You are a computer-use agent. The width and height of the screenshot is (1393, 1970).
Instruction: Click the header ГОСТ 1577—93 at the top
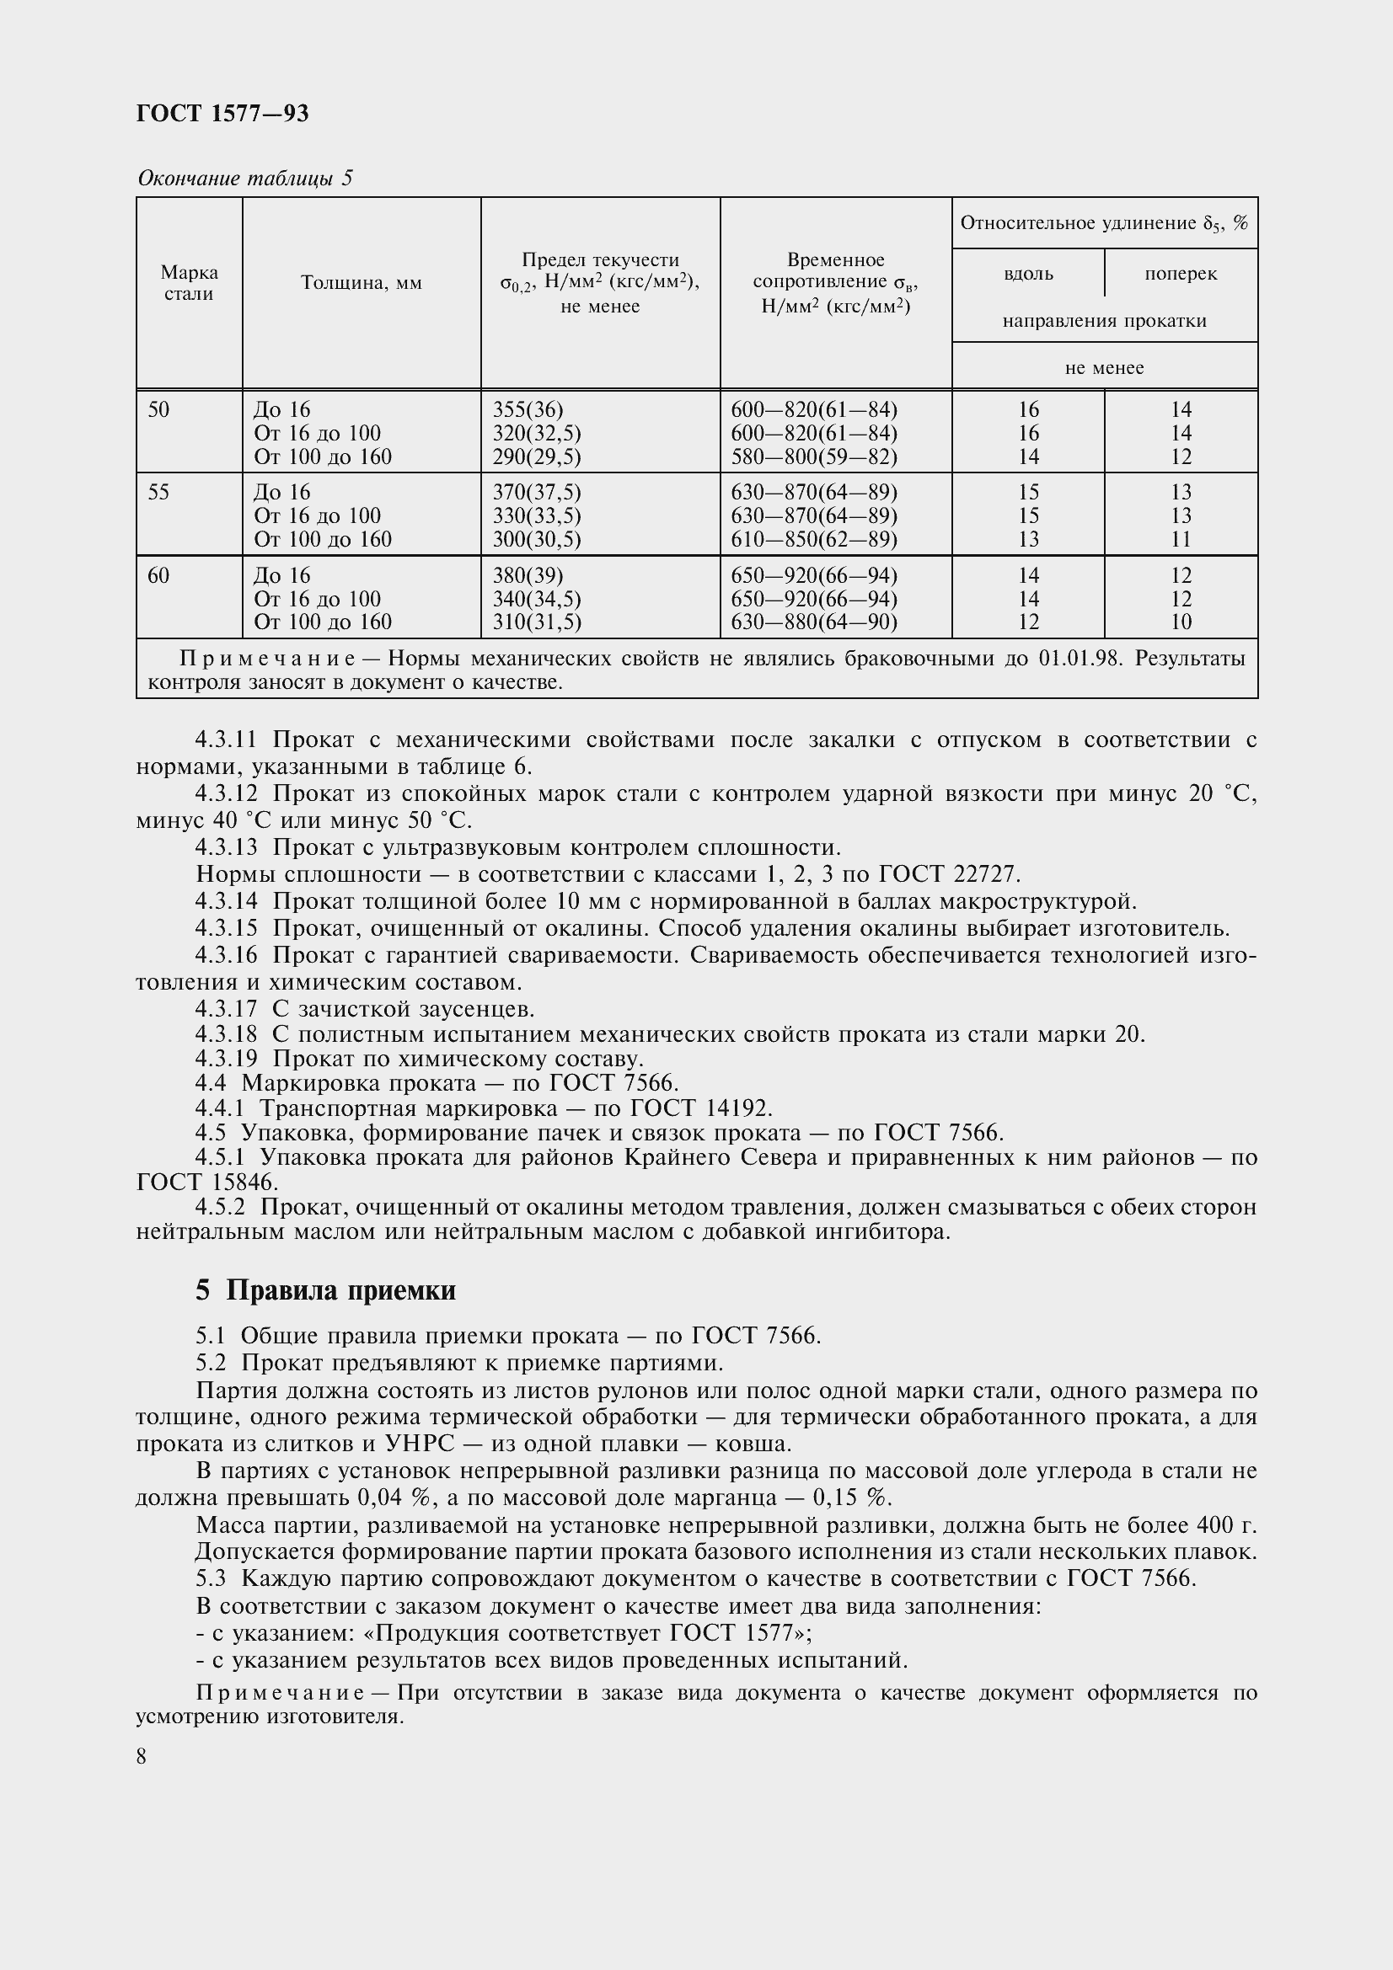point(222,113)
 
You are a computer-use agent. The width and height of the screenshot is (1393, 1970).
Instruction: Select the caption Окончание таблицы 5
point(244,179)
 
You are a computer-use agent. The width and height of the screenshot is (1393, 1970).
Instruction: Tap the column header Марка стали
point(189,283)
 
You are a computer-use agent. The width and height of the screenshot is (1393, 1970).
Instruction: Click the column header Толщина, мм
point(362,283)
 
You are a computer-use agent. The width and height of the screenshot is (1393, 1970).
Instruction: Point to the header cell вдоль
point(1027,274)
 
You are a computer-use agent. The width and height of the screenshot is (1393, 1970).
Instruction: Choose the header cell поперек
point(1180,274)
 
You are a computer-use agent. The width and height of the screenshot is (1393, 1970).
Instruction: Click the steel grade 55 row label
point(158,493)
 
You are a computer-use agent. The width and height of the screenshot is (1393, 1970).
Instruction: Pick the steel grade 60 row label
point(158,576)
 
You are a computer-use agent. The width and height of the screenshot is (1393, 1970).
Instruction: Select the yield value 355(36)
point(528,410)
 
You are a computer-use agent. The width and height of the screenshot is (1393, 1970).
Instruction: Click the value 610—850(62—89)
point(814,540)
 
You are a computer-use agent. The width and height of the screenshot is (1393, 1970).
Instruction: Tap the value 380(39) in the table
point(528,576)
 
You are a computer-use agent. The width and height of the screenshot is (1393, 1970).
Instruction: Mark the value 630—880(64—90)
point(814,622)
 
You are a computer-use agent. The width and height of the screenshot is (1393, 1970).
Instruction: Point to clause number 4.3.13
point(226,848)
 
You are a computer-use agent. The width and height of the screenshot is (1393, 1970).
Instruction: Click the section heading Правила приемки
point(340,1290)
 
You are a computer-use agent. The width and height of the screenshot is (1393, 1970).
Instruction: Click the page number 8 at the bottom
point(142,1757)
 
